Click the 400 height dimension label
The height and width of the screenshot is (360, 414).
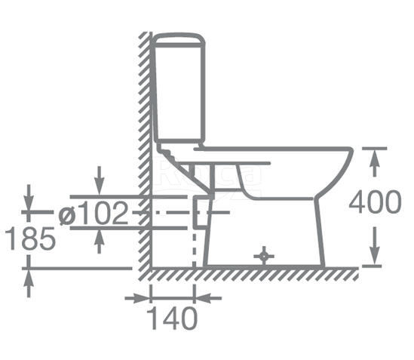(x=375, y=202)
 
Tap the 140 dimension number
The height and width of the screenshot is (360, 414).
(x=172, y=318)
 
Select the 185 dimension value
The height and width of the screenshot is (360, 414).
(x=30, y=238)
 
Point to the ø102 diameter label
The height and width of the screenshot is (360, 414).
(x=94, y=213)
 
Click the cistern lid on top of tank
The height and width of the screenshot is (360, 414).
(x=179, y=40)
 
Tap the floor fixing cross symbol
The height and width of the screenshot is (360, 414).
(x=264, y=256)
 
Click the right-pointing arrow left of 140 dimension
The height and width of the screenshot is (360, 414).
(x=137, y=298)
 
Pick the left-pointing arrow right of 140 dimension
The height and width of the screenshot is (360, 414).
(x=208, y=298)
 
